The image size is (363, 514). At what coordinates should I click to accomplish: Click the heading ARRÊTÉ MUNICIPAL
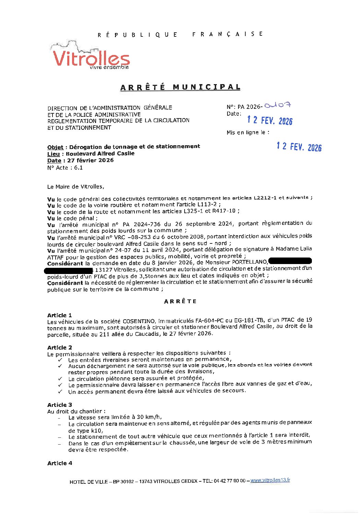pos(180,87)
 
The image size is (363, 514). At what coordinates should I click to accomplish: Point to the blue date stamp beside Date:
pos(270,120)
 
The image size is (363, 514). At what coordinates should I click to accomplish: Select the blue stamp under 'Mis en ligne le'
pos(299,147)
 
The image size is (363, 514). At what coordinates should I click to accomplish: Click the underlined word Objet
pos(55,147)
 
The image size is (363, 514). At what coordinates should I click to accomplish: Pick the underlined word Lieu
pos(54,154)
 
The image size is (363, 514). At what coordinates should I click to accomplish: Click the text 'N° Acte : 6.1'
pos(65,168)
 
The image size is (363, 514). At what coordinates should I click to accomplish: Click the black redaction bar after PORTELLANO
pos(290,262)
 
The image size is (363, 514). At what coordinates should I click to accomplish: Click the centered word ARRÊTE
pos(180,301)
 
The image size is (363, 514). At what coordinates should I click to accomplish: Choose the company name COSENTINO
pos(139,321)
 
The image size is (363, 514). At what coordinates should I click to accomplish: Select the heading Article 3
pos(60,405)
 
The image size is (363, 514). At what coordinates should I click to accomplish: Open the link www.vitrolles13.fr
pos(270,480)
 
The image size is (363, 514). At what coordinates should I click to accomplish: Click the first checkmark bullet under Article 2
pos(60,360)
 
